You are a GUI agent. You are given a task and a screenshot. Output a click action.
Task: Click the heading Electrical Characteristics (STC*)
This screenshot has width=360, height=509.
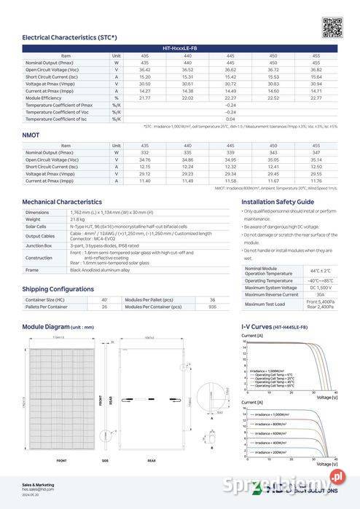(69, 36)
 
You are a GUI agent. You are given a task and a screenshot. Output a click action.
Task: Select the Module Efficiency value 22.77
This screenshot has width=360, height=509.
(316, 97)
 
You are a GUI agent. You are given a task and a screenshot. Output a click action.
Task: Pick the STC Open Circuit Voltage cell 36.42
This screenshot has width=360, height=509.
(144, 69)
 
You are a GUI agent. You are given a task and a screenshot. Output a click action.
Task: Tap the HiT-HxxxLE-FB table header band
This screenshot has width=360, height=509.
(180, 48)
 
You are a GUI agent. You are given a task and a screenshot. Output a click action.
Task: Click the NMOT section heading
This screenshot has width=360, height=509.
(31, 135)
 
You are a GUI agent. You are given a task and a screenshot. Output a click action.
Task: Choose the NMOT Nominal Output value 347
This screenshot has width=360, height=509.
(316, 152)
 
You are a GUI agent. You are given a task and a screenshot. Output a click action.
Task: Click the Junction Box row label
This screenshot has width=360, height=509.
(38, 245)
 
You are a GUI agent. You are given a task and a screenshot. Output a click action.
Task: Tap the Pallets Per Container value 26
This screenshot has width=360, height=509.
(104, 307)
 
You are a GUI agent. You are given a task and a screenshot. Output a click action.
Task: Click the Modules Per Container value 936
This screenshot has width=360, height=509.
(212, 307)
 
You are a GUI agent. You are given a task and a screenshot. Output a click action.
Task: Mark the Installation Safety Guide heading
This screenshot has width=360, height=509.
(278, 201)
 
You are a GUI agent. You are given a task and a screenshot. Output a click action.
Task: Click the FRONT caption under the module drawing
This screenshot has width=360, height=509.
(61, 460)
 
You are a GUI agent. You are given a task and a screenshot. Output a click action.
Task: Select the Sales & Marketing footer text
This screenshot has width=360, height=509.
(38, 484)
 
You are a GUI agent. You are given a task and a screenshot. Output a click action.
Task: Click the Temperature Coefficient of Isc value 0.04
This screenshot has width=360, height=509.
(230, 118)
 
